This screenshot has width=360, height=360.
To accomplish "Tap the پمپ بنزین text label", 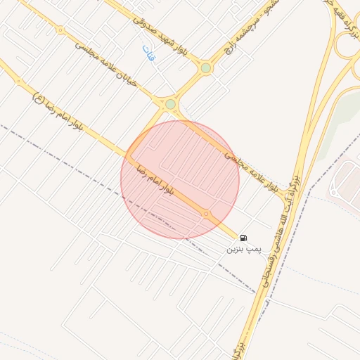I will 243,250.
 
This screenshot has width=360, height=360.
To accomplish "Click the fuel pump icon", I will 243,238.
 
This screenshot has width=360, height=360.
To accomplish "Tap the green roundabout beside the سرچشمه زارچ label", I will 205,68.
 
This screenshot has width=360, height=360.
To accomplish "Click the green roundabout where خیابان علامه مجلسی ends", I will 170,104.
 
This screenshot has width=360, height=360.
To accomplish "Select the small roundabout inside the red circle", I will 205,213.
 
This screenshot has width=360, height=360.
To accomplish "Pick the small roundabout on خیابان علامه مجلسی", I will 60,30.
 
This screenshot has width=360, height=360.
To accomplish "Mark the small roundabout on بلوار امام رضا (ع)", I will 19,82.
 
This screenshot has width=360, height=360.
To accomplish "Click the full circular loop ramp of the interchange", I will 348,47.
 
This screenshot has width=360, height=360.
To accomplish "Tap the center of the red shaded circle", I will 180,179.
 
